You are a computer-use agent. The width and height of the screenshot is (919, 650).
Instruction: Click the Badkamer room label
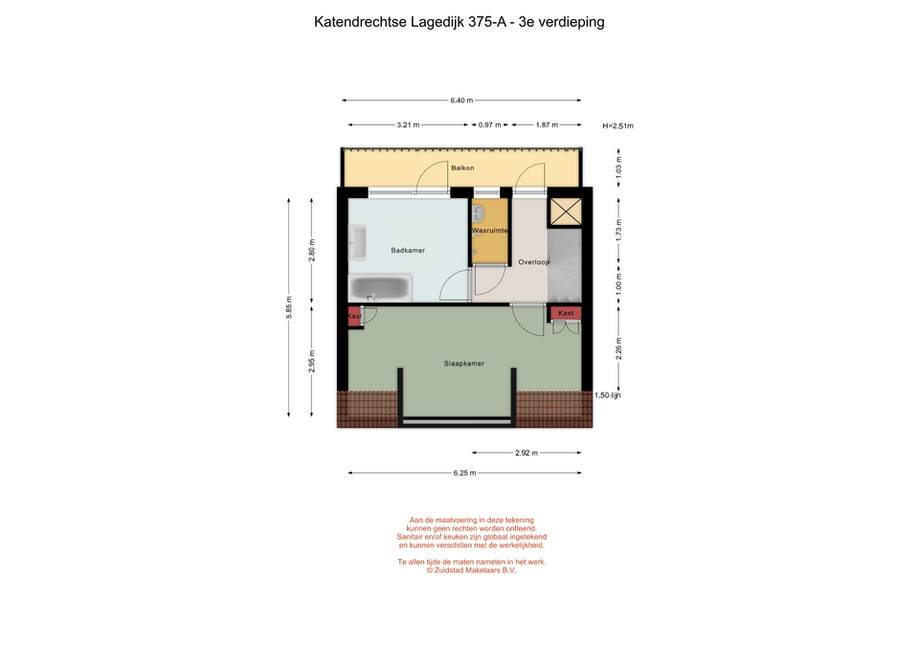[408, 250]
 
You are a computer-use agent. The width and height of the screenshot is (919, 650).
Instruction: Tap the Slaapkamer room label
[463, 364]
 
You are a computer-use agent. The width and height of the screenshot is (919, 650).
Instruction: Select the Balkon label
[462, 168]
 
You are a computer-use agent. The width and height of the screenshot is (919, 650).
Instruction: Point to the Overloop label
[533, 262]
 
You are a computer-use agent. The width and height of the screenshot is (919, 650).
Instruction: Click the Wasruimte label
[490, 231]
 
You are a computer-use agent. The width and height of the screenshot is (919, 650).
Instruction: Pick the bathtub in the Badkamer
[379, 288]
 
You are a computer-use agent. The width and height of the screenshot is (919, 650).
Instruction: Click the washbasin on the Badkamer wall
[357, 242]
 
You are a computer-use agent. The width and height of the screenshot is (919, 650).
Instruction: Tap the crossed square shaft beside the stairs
[565, 212]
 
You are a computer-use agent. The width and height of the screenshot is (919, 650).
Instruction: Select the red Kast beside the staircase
[566, 313]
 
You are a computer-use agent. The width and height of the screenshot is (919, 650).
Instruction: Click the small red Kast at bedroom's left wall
[354, 316]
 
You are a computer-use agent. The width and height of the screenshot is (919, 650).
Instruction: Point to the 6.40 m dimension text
[461, 101]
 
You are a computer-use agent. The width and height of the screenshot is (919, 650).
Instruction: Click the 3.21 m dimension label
[408, 124]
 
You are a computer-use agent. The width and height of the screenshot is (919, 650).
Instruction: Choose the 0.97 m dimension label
[489, 124]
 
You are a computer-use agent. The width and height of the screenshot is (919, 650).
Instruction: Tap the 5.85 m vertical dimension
[289, 307]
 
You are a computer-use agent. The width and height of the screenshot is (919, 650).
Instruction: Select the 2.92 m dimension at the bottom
[527, 453]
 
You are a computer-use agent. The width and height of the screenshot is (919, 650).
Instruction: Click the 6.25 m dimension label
[464, 473]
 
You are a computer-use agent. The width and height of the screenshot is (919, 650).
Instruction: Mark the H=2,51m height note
[617, 125]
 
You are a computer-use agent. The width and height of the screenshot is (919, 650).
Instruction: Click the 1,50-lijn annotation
[607, 395]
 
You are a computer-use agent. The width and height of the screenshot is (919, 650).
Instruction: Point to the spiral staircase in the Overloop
[565, 265]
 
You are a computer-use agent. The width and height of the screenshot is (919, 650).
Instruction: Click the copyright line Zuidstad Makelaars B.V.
[471, 570]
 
